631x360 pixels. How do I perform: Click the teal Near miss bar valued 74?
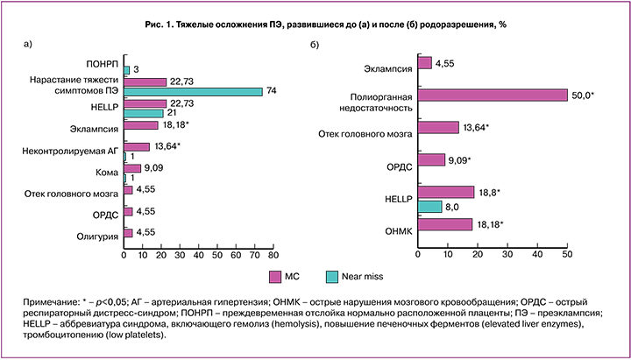[x=193, y=91]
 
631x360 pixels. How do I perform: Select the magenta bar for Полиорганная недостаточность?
[x=493, y=95]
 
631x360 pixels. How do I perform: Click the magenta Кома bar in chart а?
[x=131, y=168]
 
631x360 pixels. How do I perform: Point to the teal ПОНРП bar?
[x=126, y=69]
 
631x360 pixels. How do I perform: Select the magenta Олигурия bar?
[x=128, y=233]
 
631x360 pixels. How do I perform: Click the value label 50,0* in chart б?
[x=584, y=94]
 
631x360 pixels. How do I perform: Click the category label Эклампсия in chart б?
[x=388, y=66]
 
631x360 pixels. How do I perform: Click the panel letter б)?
[x=314, y=43]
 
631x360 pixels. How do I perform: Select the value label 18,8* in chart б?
[x=493, y=192]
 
